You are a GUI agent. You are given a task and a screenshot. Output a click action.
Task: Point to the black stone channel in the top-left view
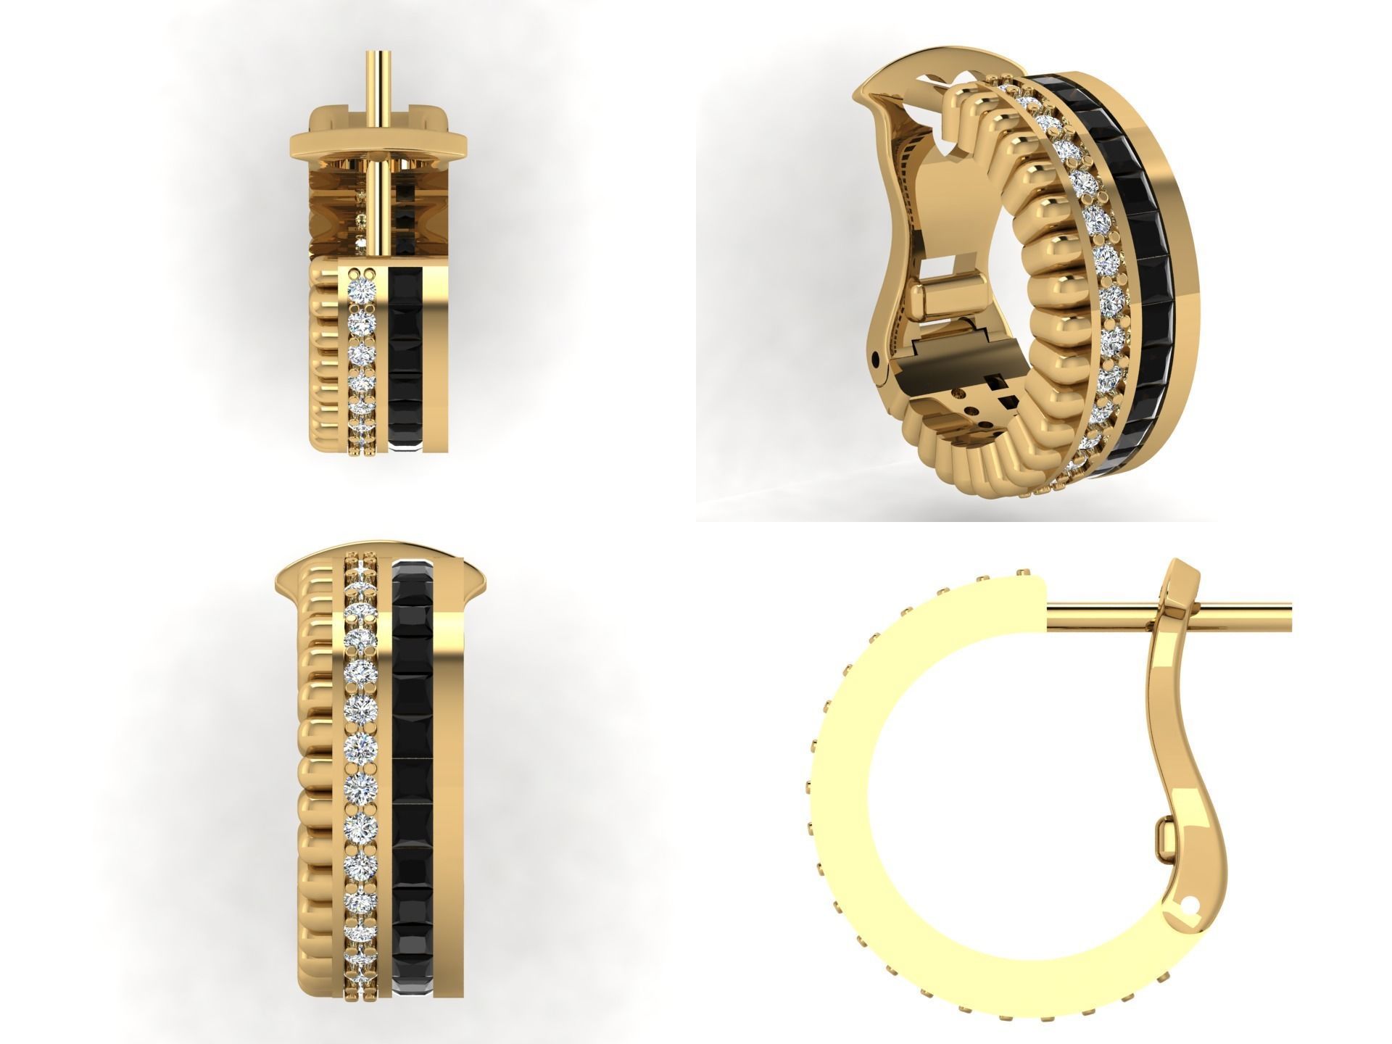(x=403, y=355)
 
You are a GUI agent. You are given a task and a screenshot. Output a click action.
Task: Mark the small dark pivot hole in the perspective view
(x=880, y=356)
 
